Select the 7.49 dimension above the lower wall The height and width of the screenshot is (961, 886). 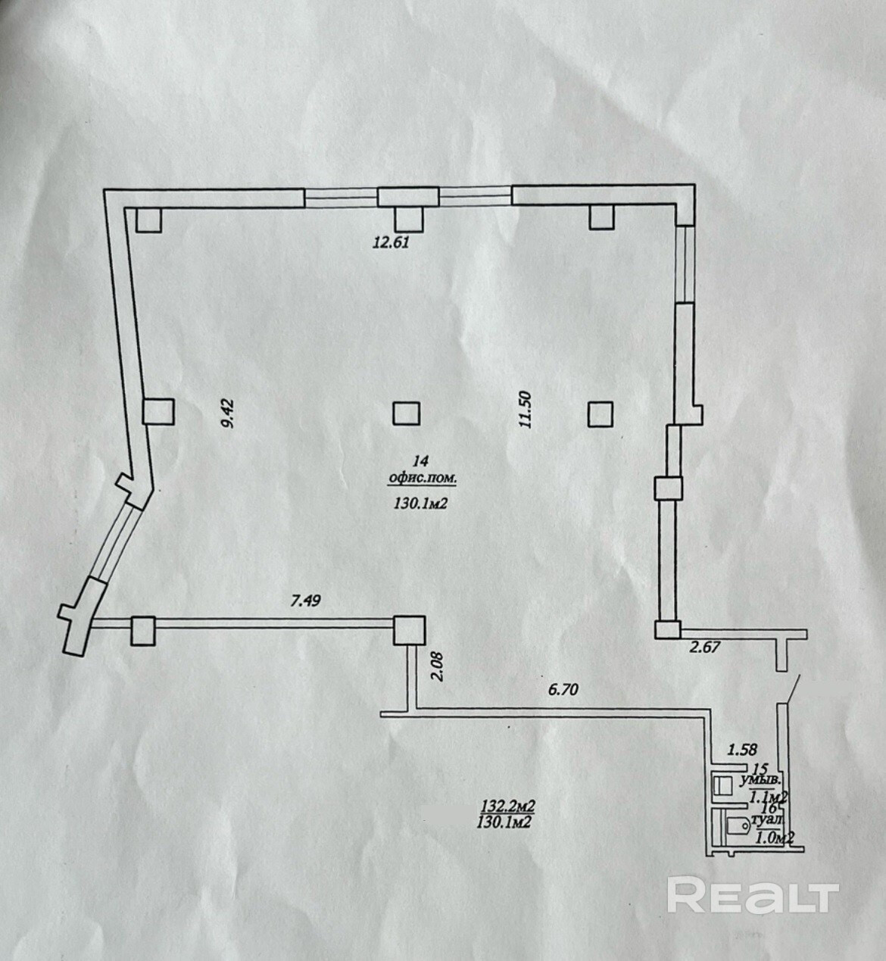click(307, 602)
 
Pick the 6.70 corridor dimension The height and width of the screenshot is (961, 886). click(566, 689)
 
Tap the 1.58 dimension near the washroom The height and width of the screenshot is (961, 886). click(743, 750)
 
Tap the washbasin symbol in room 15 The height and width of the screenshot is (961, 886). click(724, 784)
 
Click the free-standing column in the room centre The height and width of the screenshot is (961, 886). click(407, 413)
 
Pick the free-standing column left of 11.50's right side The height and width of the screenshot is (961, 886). click(601, 413)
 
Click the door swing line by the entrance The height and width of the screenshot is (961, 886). click(790, 689)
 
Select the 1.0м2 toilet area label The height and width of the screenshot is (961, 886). click(775, 838)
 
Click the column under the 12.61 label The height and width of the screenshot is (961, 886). click(408, 218)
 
